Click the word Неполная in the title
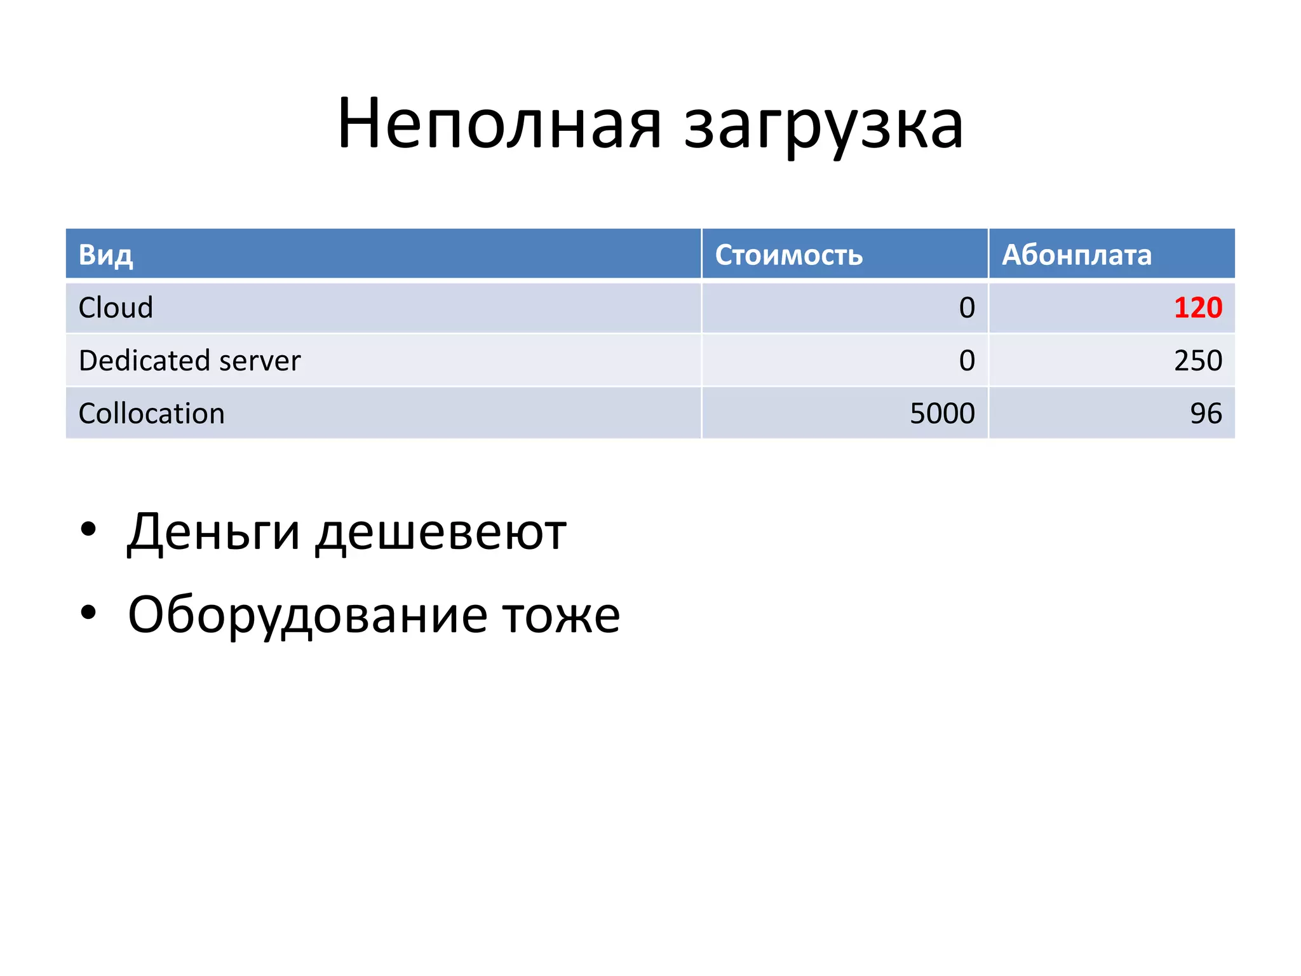point(499,124)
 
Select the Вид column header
point(105,255)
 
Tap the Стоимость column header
point(788,255)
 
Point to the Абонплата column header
point(1076,255)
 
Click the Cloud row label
point(116,308)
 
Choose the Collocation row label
point(151,414)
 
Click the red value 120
point(1197,308)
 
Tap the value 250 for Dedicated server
point(1197,360)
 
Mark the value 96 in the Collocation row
point(1206,414)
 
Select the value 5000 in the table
point(942,414)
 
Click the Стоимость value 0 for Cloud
point(967,308)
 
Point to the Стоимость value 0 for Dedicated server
point(967,360)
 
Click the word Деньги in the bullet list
point(213,532)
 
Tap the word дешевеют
point(441,532)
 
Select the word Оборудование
point(307,615)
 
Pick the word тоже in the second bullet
point(561,615)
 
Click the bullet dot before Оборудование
point(88,613)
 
